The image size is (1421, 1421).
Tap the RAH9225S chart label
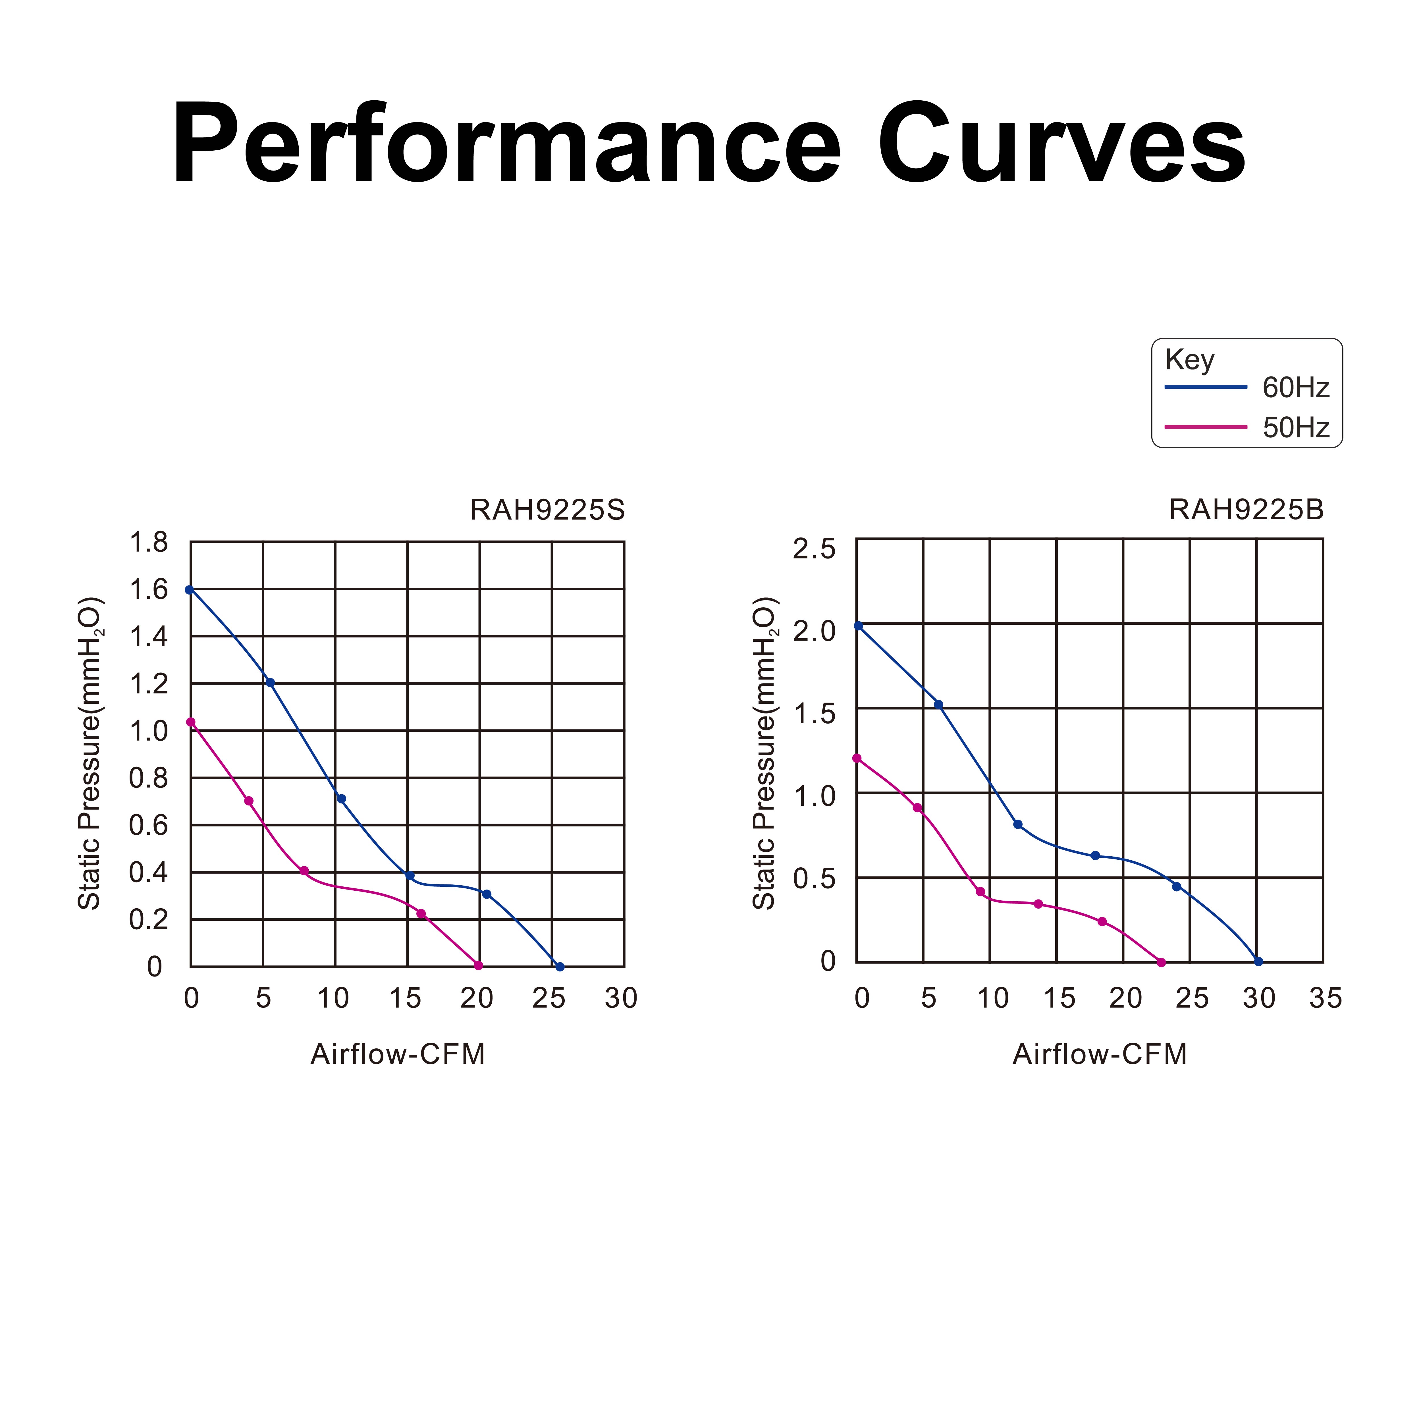(547, 510)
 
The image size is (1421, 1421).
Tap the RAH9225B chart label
(1246, 510)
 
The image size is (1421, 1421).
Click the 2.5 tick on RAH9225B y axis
(814, 549)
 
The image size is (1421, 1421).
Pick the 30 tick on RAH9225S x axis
(621, 998)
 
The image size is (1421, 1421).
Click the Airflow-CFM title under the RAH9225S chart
(398, 1054)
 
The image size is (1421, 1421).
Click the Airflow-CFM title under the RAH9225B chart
(1100, 1054)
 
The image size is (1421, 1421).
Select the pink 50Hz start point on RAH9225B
(857, 758)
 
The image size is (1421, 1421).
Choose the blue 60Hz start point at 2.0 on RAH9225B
(858, 626)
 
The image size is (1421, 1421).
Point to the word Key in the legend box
(1189, 360)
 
